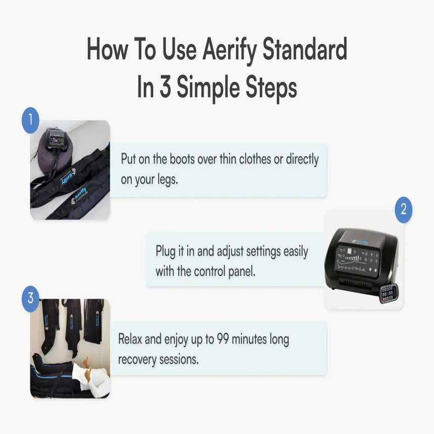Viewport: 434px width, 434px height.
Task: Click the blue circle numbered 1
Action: tap(30, 120)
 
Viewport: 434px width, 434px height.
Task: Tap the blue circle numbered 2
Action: tap(403, 210)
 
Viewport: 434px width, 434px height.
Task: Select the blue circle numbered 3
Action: tap(30, 298)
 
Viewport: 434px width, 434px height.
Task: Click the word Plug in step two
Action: tap(168, 251)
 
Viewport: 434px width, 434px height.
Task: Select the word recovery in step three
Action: tap(138, 359)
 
